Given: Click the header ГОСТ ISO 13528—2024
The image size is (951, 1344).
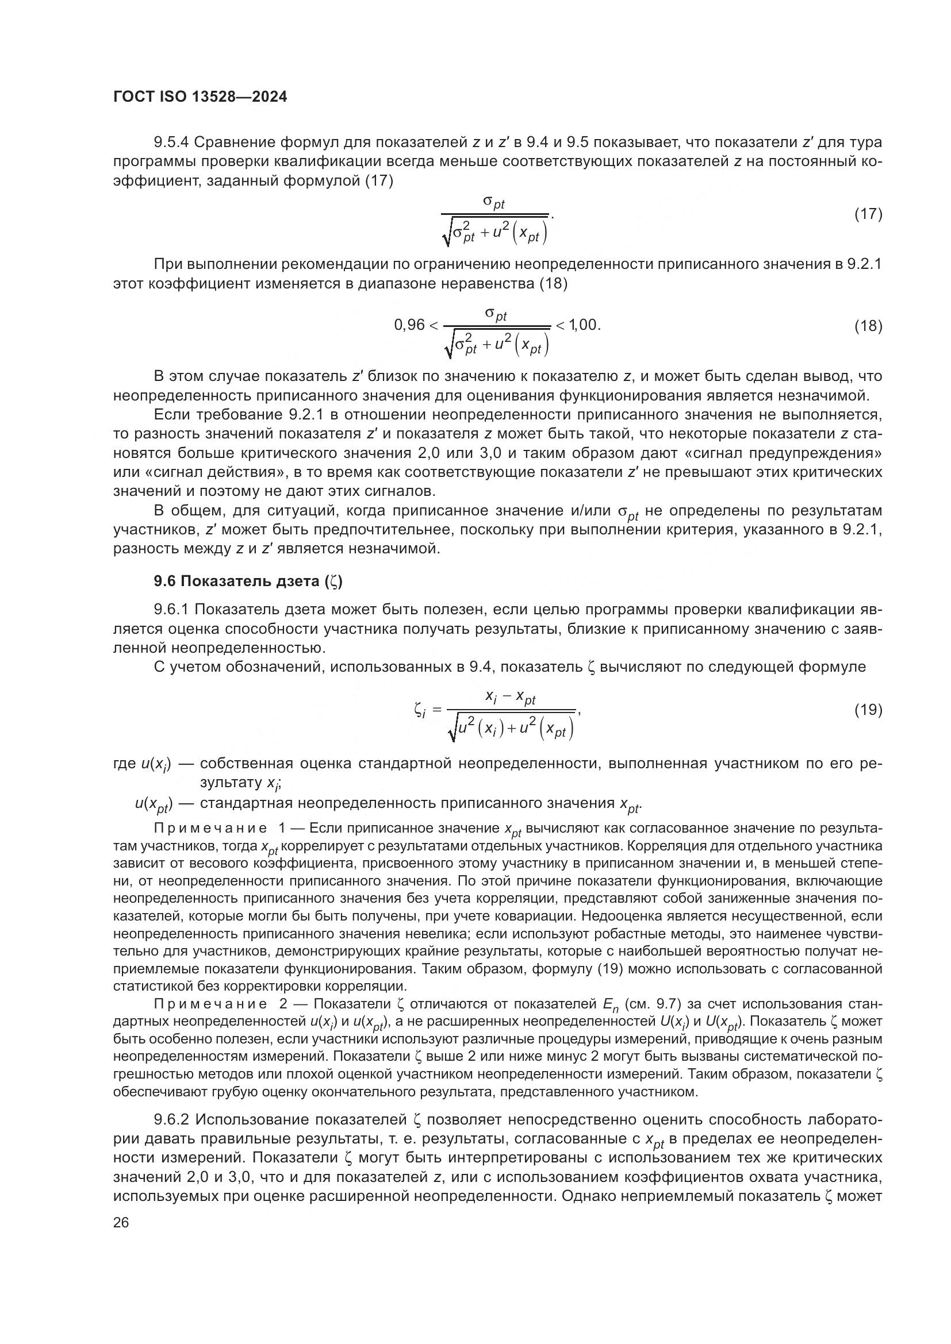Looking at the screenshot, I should (200, 97).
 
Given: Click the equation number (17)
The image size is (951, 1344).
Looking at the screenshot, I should (868, 214).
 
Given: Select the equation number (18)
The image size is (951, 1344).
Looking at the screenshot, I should (868, 325).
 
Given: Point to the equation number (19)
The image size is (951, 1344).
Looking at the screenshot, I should (868, 710).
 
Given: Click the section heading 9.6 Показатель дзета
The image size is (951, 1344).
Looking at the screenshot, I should (248, 581).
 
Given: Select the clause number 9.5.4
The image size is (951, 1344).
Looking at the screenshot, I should (171, 143).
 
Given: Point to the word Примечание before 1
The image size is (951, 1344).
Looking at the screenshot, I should (210, 829).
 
